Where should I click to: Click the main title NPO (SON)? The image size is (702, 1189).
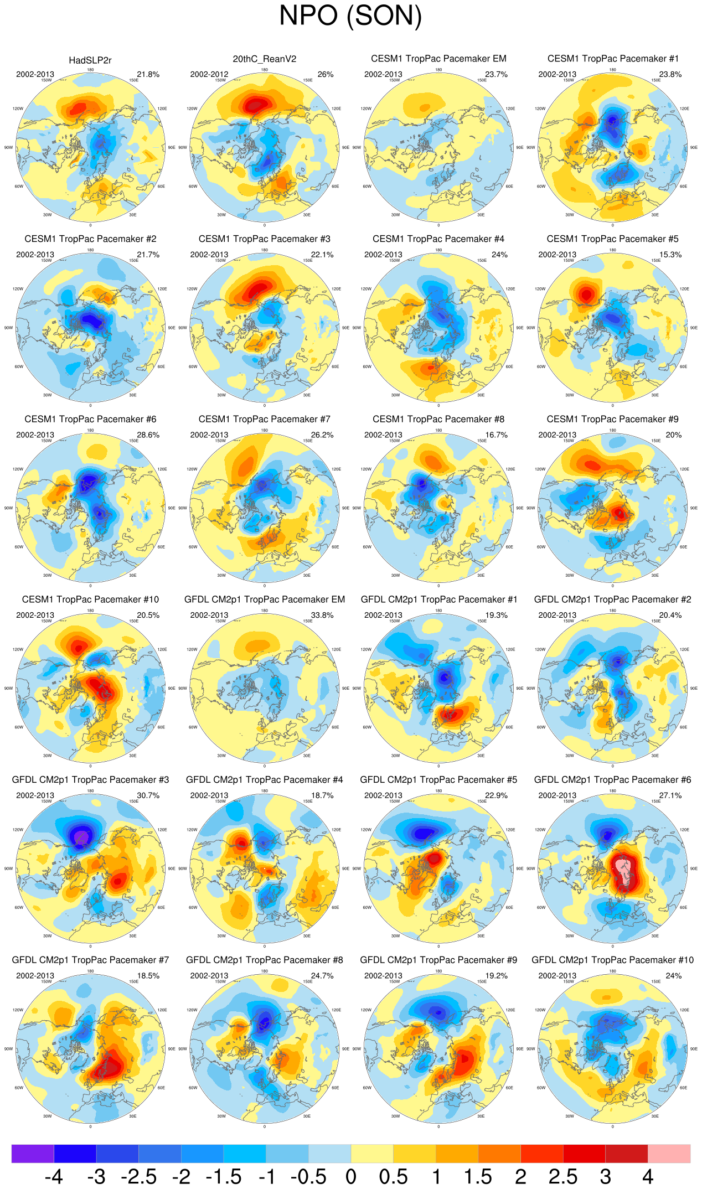tap(350, 15)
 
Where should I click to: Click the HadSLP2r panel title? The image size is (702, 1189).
tap(90, 60)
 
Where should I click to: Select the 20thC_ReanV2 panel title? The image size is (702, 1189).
tap(264, 59)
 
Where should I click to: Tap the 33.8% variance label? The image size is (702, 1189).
tap(322, 615)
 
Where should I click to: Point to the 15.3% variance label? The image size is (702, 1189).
tap(670, 255)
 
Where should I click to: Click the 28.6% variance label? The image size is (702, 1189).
tap(148, 435)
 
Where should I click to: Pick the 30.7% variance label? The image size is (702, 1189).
tap(148, 795)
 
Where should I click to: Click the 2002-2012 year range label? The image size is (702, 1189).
tap(209, 74)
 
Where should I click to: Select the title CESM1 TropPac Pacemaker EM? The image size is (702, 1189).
tap(438, 59)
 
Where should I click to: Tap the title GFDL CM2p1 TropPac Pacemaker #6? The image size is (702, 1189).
tap(612, 780)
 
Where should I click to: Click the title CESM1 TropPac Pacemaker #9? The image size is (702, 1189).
tap(612, 420)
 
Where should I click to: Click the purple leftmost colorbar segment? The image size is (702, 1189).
tap(33, 1154)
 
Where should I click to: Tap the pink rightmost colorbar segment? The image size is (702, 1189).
tap(669, 1154)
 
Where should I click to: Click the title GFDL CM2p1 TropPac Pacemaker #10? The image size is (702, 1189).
tap(612, 960)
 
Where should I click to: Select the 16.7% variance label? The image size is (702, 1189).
tap(496, 435)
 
